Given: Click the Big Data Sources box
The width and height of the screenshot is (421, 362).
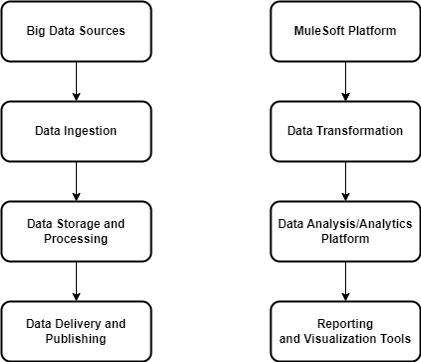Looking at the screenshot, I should pyautogui.click(x=76, y=31).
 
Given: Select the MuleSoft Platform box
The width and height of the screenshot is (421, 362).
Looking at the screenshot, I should pyautogui.click(x=345, y=31).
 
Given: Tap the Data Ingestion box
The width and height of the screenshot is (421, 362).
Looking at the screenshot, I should pyautogui.click(x=76, y=131).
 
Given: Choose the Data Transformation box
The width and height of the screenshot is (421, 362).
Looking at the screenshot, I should pyautogui.click(x=345, y=131).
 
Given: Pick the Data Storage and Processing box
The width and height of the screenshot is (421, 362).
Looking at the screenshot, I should pyautogui.click(x=76, y=231).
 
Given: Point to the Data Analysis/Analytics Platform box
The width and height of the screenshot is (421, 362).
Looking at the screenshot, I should pyautogui.click(x=345, y=231).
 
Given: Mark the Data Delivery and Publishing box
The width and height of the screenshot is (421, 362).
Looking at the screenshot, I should pyautogui.click(x=76, y=331).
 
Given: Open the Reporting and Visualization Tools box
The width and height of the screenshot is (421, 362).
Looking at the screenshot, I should pyautogui.click(x=345, y=331).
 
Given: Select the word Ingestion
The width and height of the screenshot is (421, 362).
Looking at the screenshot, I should pyautogui.click(x=91, y=131).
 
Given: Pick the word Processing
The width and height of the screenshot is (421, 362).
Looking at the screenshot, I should pyautogui.click(x=76, y=239).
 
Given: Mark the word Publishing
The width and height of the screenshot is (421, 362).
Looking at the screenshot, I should pyautogui.click(x=76, y=339).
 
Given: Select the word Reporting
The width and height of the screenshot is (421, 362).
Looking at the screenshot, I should pyautogui.click(x=345, y=324).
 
